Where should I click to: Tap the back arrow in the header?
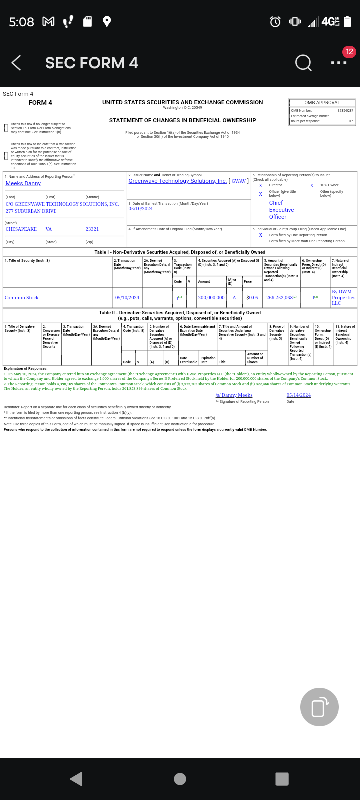click(x=16, y=63)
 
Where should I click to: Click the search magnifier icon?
click(x=303, y=63)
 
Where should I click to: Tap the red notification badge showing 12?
click(x=349, y=52)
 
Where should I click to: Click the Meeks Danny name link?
click(x=23, y=184)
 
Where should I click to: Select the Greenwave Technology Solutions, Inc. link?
click(x=177, y=181)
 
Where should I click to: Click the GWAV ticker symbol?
click(x=238, y=181)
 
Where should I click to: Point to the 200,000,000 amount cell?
click(x=211, y=298)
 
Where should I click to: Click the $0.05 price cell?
click(x=252, y=298)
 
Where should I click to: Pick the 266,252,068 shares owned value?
click(x=279, y=298)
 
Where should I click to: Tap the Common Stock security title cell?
click(x=22, y=298)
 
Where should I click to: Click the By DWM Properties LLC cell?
click(x=343, y=297)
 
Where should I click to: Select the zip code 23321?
click(x=92, y=229)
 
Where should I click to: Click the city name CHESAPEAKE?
click(x=21, y=229)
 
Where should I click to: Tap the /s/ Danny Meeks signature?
click(x=234, y=395)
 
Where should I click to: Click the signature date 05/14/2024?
click(x=298, y=395)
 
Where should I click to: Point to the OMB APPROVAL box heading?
click(x=322, y=103)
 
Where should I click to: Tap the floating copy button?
click(x=319, y=707)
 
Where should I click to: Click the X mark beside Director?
click(x=260, y=185)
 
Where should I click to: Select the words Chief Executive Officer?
click(x=281, y=210)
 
